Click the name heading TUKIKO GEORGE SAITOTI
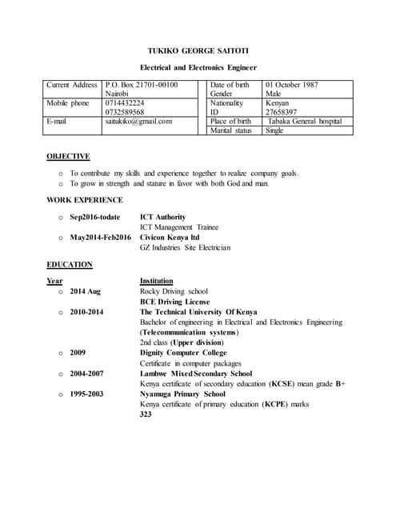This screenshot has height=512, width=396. coord(198,50)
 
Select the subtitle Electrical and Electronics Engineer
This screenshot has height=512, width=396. coord(198,68)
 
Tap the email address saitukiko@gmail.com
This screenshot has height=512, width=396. coord(138,121)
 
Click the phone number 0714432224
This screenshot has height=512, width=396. coord(125,103)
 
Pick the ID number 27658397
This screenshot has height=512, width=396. coord(282,112)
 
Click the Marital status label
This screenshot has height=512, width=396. coord(230,130)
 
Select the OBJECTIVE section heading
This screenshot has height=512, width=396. coord(68,157)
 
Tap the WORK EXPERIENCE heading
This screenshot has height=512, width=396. coord(85,200)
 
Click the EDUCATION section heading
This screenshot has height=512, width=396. coord(70,264)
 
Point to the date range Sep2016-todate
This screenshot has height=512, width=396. coord(95,217)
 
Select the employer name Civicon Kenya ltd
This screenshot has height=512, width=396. coord(170,238)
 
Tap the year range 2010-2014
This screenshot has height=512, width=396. coord(86,312)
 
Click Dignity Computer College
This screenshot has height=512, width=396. coord(182,353)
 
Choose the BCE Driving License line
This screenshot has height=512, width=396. coord(174,302)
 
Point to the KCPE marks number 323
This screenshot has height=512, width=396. coord(146,414)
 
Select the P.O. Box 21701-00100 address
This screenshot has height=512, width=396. coord(142,85)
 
